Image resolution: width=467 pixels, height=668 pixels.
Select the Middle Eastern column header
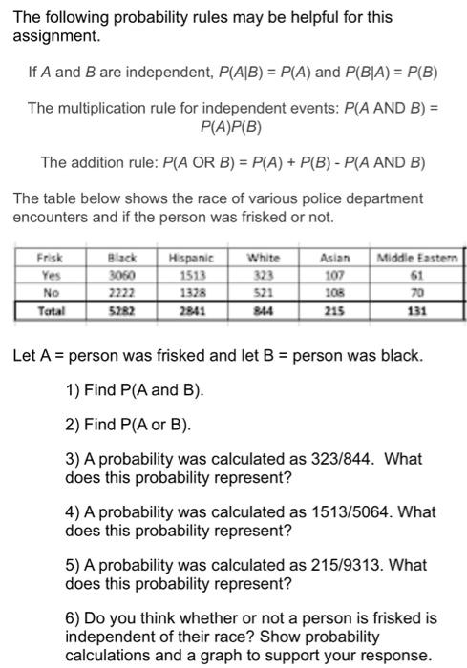[x=419, y=256]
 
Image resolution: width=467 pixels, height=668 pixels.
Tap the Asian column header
[x=339, y=256]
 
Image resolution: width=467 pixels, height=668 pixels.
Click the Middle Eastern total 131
[x=419, y=310]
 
